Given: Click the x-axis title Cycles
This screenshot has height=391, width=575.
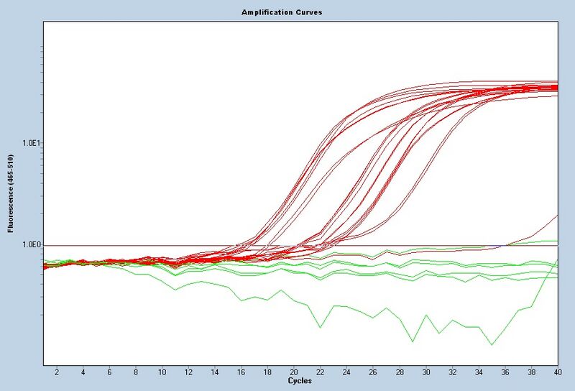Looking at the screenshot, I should tap(300, 381).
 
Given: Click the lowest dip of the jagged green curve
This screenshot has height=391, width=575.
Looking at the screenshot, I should tap(492, 344).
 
